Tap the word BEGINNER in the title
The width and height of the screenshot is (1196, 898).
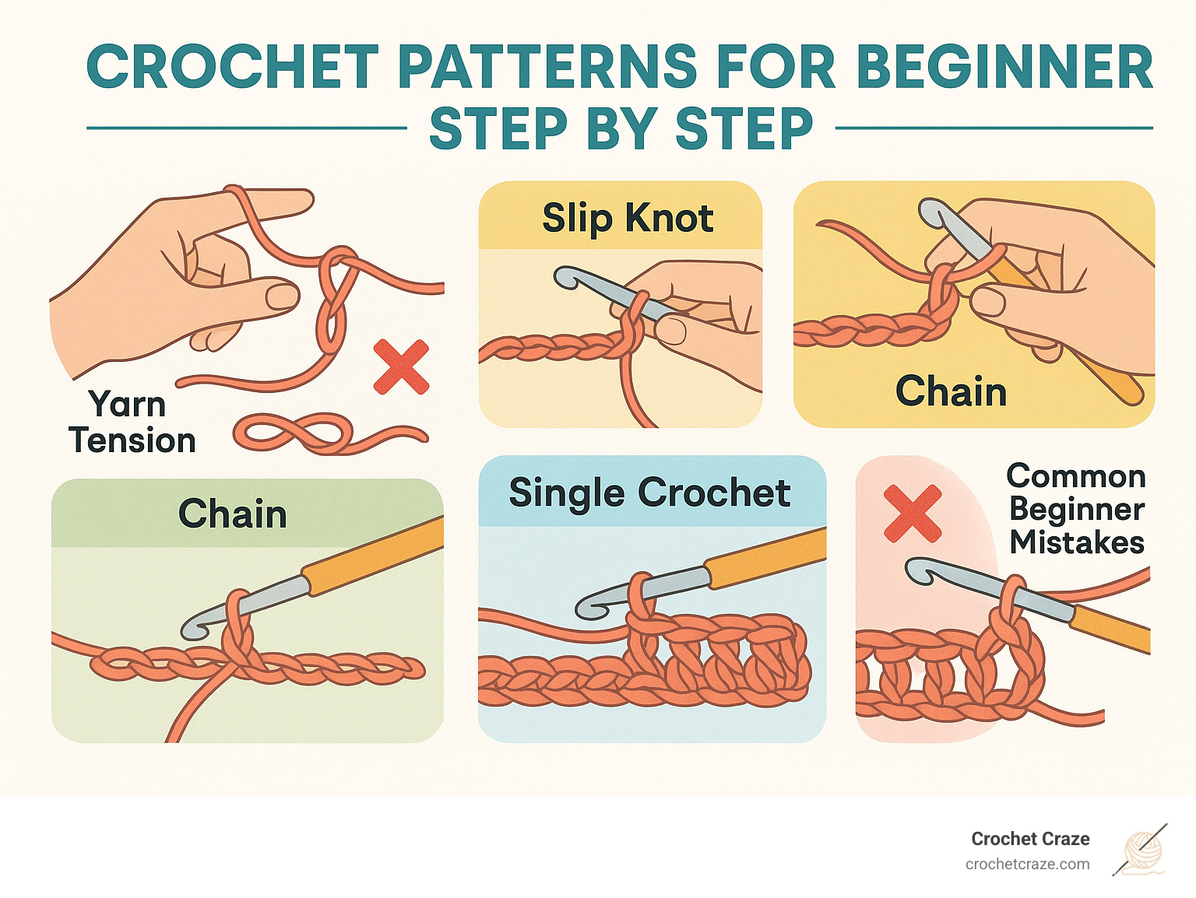pos(1004,68)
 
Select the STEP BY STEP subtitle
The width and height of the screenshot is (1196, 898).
pos(621,129)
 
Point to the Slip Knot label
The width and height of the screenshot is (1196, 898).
pos(628,218)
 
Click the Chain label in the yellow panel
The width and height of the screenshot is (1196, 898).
pos(951,391)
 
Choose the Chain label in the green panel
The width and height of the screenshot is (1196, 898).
pos(232,514)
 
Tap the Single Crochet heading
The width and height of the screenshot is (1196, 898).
pos(649,493)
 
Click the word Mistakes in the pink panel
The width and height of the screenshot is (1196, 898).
pos(1077,542)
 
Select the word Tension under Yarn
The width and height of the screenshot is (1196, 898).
pos(132,440)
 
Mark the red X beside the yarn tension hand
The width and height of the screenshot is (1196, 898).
pos(401,367)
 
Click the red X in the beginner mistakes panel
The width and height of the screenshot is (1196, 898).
pos(913,514)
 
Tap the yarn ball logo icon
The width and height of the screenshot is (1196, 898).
pos(1142,851)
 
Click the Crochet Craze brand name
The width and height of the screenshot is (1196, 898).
pos(1030,839)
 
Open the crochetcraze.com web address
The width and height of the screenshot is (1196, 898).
pos(1027,865)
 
